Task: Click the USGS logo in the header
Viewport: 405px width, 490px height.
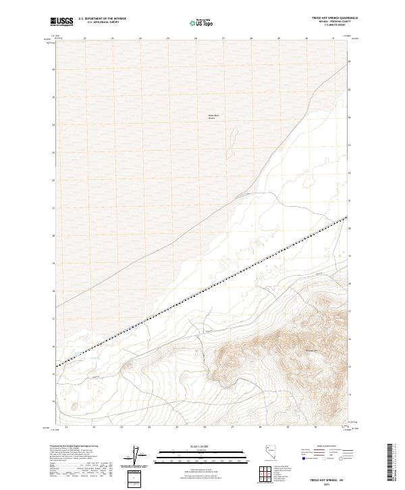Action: pos(61,22)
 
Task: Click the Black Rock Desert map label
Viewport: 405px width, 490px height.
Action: pos(213,116)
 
